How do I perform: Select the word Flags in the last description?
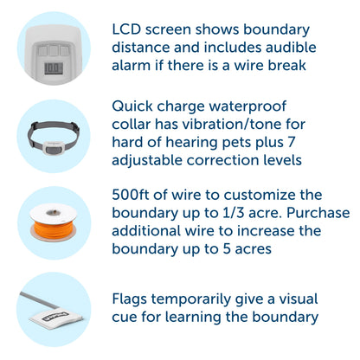132,299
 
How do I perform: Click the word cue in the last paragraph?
125,317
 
